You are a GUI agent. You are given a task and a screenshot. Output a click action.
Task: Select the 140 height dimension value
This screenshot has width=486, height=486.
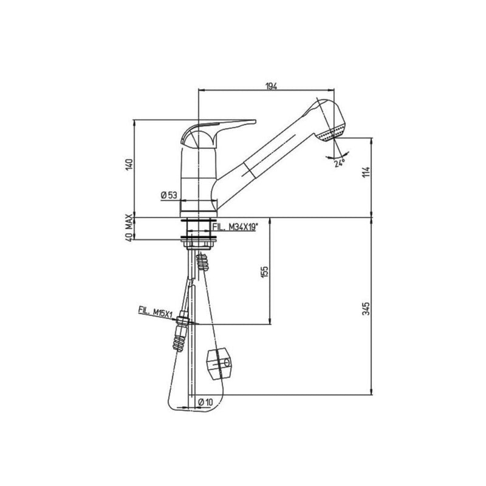(x=128, y=165)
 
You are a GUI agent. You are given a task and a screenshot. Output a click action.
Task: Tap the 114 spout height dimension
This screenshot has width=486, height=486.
(x=366, y=173)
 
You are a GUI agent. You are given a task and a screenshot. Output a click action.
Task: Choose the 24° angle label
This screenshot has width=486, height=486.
(x=339, y=162)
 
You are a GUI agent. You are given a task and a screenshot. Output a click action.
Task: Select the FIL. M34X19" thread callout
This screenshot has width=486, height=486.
(x=235, y=227)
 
